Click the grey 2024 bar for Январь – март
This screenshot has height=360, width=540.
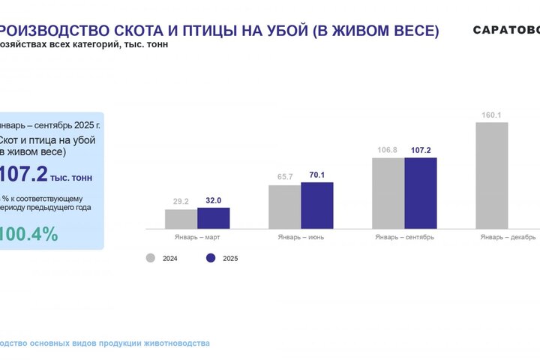[x=181, y=218]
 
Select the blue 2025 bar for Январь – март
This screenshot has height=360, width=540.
[x=214, y=217]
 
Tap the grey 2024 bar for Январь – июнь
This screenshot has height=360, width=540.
[x=284, y=206]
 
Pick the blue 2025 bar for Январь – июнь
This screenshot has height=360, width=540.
[x=316, y=205]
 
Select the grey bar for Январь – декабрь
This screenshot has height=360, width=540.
[x=492, y=175]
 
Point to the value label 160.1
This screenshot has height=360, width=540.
[x=492, y=115]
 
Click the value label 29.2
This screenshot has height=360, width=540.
[x=181, y=202]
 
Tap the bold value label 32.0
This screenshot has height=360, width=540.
[x=214, y=200]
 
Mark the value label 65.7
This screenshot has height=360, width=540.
[x=285, y=177]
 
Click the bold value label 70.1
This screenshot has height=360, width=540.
[x=316, y=175]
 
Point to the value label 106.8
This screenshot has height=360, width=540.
[x=388, y=151]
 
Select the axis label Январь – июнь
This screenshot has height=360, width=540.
[x=301, y=238]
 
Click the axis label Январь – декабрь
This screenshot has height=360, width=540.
[x=508, y=238]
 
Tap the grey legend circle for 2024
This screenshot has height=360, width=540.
[x=150, y=258]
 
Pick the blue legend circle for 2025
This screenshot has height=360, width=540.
[x=211, y=258]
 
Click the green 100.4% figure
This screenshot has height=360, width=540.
[x=29, y=234]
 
